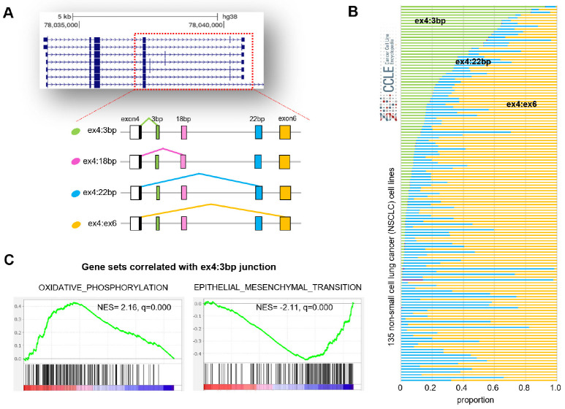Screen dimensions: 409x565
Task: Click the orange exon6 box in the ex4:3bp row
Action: pos(285,132)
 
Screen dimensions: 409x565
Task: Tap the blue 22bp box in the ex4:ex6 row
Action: pos(259,222)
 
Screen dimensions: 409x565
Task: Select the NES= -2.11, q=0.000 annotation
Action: pos(300,307)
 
